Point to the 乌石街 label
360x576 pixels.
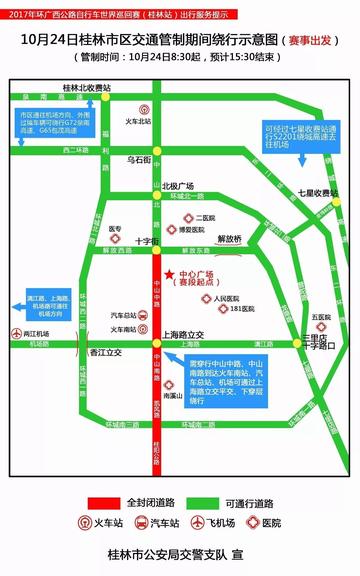pos(139,159)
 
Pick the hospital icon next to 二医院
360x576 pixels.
pos(185,216)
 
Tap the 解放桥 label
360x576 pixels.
pos(230,239)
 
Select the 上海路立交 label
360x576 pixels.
pos(182,334)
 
